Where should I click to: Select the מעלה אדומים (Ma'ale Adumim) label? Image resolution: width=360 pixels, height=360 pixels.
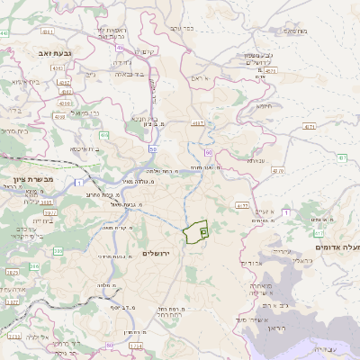[337, 247]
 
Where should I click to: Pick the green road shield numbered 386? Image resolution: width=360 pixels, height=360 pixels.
[34, 266]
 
